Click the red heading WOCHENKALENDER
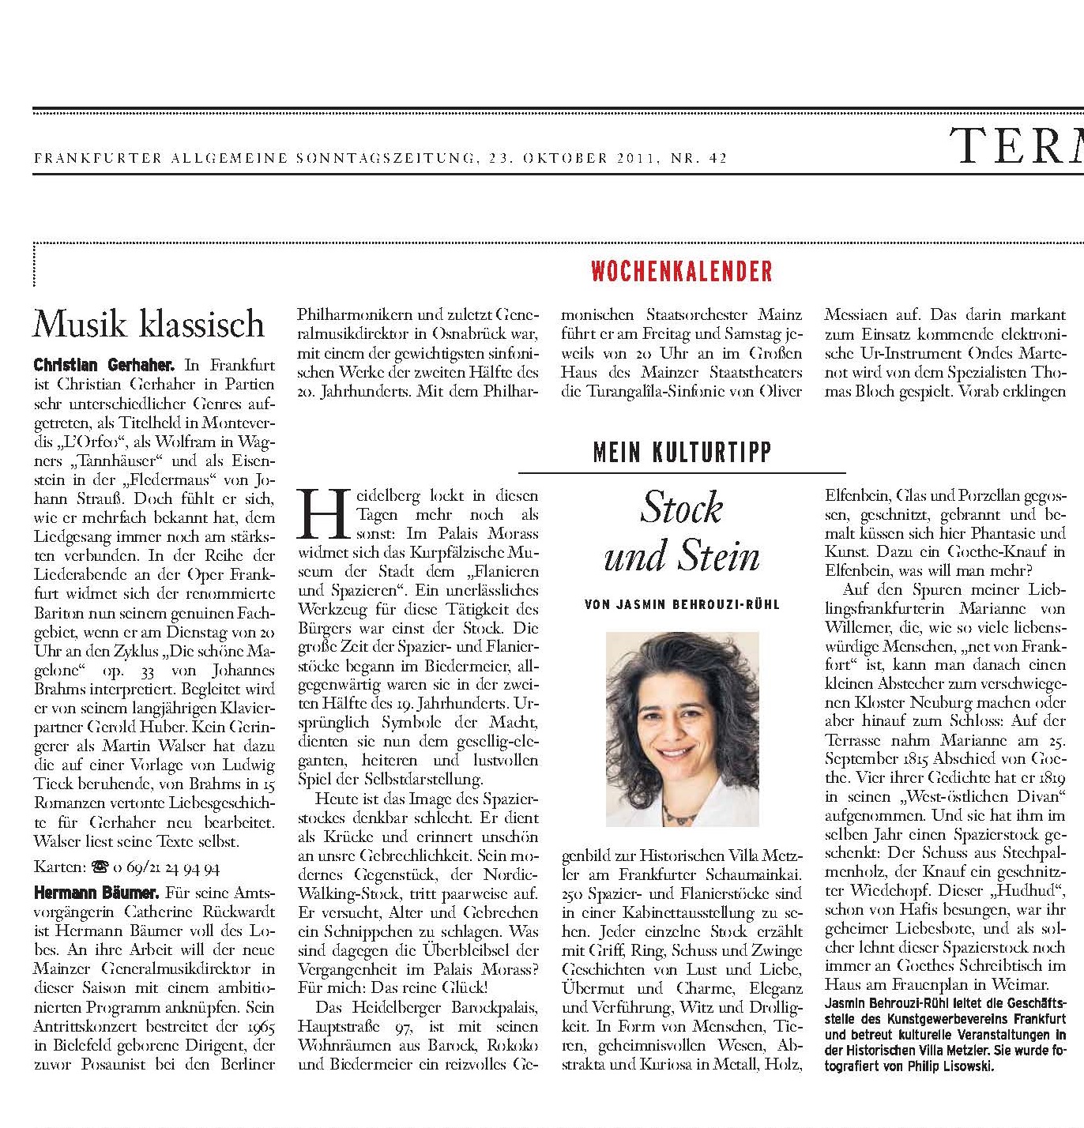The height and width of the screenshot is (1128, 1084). (x=681, y=271)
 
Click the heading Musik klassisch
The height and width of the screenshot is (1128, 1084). (x=149, y=324)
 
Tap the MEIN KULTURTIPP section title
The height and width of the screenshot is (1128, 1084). (x=681, y=452)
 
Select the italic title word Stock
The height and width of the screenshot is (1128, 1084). (x=681, y=507)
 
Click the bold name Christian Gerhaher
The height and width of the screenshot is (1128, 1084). (x=104, y=365)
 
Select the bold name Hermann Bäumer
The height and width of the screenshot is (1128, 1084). (x=96, y=893)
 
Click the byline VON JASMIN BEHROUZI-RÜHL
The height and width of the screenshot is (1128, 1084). (x=682, y=604)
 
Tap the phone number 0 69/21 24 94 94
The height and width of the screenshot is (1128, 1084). (x=167, y=867)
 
